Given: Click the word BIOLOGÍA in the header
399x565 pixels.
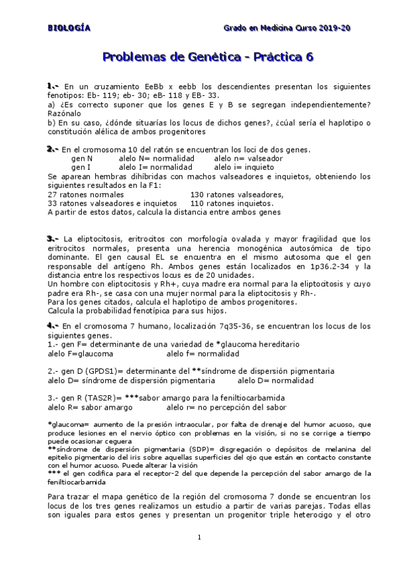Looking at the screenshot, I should coord(69,28).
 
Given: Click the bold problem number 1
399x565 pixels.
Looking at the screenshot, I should coord(53,87).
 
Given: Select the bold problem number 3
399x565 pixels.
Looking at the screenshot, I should coord(53,239).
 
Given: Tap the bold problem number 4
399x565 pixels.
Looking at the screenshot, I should coord(53,326).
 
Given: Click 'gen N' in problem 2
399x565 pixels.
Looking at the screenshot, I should coord(82,159).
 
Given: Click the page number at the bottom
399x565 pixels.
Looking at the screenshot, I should coord(199,537).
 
